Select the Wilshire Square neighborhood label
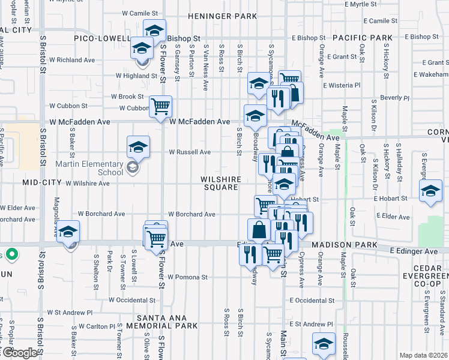click(x=221, y=184)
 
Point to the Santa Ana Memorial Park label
click(x=167, y=322)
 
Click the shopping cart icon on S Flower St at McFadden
click(x=160, y=107)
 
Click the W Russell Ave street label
click(x=189, y=152)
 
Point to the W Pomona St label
click(x=187, y=277)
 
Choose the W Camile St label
click(x=139, y=13)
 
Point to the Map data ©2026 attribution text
click(x=423, y=355)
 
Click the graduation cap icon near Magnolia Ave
click(x=69, y=233)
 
